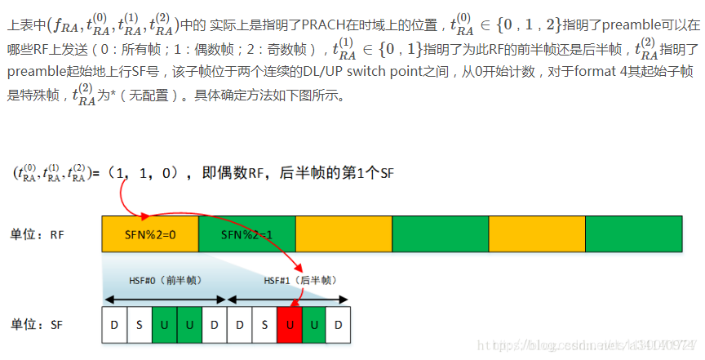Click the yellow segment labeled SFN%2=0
tap(150, 233)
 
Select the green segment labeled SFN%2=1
tap(246, 233)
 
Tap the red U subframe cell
tap(289, 323)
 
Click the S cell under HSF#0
tap(139, 323)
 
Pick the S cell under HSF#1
tap(264, 323)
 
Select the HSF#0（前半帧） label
tap(165, 280)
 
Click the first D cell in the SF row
tap(114, 323)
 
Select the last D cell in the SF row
tap(339, 323)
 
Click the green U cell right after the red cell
tap(313, 323)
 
